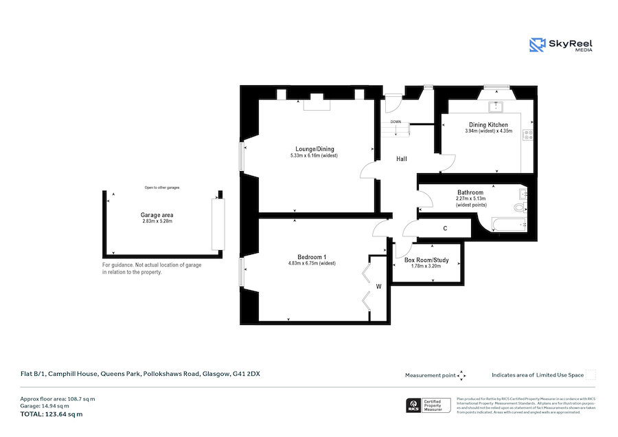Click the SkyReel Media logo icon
[x=537, y=45]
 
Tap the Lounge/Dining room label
[x=314, y=149]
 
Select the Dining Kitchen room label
[x=488, y=124]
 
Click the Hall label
[x=402, y=159]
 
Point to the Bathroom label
[x=470, y=192]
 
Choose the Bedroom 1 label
[x=312, y=257]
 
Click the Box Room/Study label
[x=426, y=260]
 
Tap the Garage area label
[x=157, y=214]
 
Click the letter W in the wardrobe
[x=378, y=287]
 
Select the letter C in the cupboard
[x=445, y=228]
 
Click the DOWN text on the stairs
[x=396, y=122]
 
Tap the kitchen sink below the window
[x=494, y=107]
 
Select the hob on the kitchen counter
[x=527, y=135]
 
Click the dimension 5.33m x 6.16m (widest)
[x=314, y=156]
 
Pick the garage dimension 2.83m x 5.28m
[x=157, y=221]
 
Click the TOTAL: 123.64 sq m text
[x=51, y=414]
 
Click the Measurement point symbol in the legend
[x=461, y=375]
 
